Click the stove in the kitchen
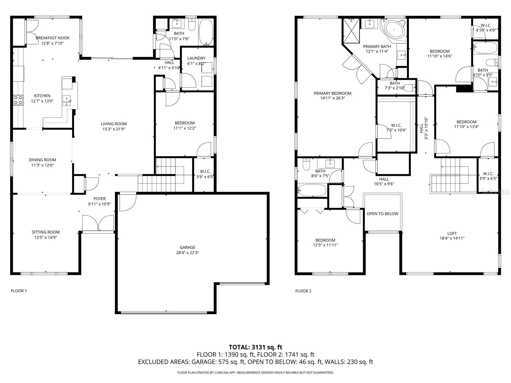(18, 100)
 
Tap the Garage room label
(187, 247)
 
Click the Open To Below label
(382, 214)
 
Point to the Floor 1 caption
(19, 291)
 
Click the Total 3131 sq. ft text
(256, 347)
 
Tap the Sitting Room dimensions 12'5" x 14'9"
(46, 237)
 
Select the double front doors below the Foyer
(98, 223)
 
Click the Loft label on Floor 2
(452, 233)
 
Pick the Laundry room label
(196, 58)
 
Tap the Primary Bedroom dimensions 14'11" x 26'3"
(332, 98)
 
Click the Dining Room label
(42, 160)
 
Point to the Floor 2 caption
(303, 291)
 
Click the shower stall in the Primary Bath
(351, 31)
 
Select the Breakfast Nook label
(52, 38)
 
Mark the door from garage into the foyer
(127, 203)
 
